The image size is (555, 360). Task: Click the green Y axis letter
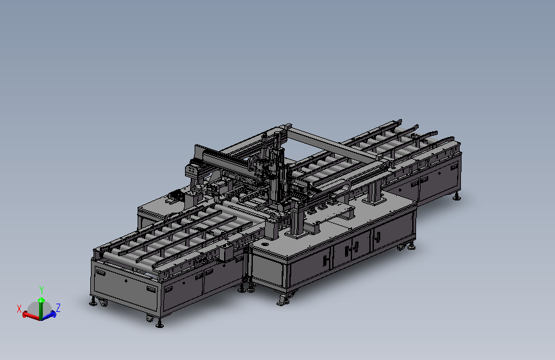(42, 290)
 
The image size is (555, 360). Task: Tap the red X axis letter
(19, 309)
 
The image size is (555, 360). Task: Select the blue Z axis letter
(58, 307)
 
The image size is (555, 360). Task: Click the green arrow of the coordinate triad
(41, 308)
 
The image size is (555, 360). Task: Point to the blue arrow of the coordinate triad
(49, 315)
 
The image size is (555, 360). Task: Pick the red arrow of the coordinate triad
(31, 315)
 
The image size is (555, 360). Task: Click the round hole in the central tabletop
(265, 244)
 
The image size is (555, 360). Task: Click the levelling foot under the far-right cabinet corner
(457, 197)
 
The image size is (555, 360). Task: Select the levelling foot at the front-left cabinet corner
(93, 302)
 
